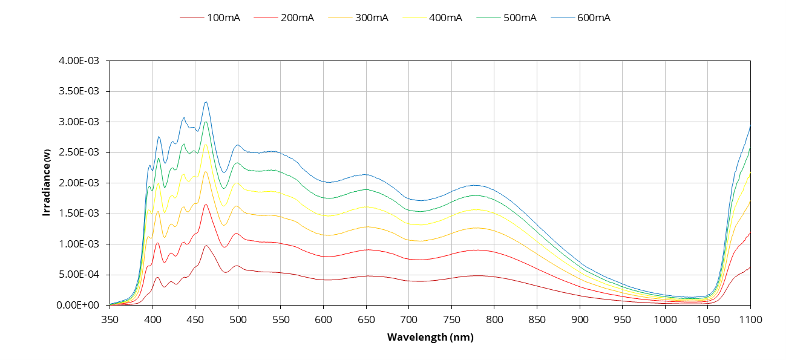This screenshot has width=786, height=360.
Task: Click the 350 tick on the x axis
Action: [110, 318]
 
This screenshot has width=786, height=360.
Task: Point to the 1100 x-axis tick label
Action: [750, 318]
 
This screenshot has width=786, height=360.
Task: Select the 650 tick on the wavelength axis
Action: [366, 318]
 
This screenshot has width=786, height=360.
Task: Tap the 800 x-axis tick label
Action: [494, 318]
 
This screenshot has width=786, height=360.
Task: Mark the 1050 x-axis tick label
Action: [708, 318]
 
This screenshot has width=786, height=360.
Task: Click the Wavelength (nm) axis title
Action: [430, 338]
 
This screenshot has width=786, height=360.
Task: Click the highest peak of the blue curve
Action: [206, 102]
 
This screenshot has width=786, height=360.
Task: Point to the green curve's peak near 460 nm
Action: [206, 122]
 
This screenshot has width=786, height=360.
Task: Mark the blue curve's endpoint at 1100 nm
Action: [750, 126]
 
